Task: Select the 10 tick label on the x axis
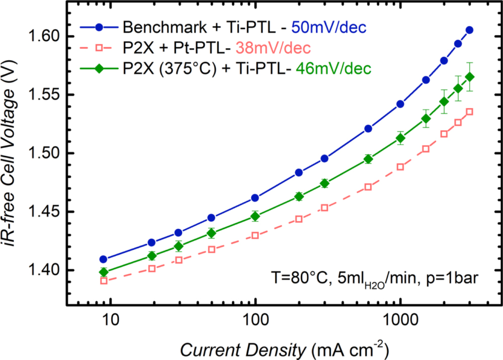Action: (110, 320)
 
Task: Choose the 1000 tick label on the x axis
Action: (400, 320)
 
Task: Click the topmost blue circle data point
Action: (469, 30)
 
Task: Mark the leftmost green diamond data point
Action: (104, 272)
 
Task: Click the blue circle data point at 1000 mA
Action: (400, 104)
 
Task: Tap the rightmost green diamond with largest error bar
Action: (469, 76)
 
